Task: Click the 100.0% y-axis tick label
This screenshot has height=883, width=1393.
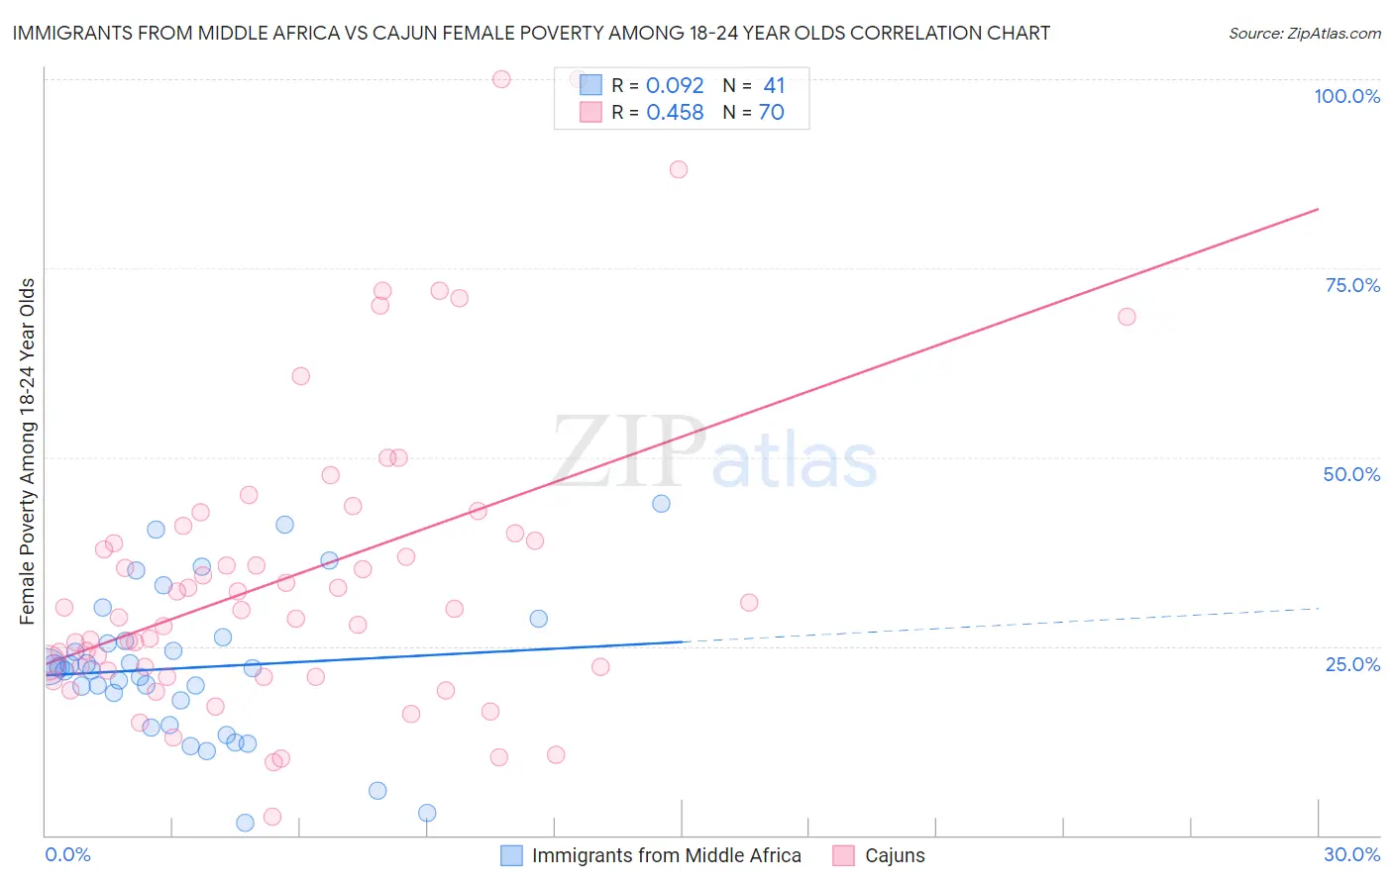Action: pos(1346,96)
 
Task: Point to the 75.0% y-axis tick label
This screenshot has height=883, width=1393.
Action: pos(1352,285)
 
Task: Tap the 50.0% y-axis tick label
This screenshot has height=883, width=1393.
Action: pos(1351,474)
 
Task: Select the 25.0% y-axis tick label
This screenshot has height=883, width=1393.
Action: pos(1352,663)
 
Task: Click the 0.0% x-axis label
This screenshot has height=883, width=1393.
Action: pos(67,854)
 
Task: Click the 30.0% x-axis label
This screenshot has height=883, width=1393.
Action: pos(1351,854)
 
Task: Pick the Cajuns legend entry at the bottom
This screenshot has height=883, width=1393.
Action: pos(894,855)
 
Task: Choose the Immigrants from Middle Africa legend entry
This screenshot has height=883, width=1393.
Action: pos(666,855)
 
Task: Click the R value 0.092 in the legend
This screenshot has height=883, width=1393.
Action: pos(675,86)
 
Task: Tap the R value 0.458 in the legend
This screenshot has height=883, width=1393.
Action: pos(675,113)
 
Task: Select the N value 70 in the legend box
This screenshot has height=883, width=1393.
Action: pos(772,113)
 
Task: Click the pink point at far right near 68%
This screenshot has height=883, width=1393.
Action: pos(1126,317)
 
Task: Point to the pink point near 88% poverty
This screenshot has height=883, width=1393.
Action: pos(679,169)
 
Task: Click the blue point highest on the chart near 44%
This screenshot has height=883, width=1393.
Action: pos(662,504)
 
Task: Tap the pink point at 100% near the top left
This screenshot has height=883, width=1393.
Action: pos(501,79)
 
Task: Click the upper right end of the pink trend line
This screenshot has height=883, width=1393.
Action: pos(1317,210)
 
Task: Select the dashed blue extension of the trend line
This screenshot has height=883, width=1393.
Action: pos(1001,625)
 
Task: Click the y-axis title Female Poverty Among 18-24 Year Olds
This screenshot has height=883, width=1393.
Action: pos(28,451)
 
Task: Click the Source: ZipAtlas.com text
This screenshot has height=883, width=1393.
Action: pos(1304,34)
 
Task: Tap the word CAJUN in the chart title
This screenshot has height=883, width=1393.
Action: pos(403,33)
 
